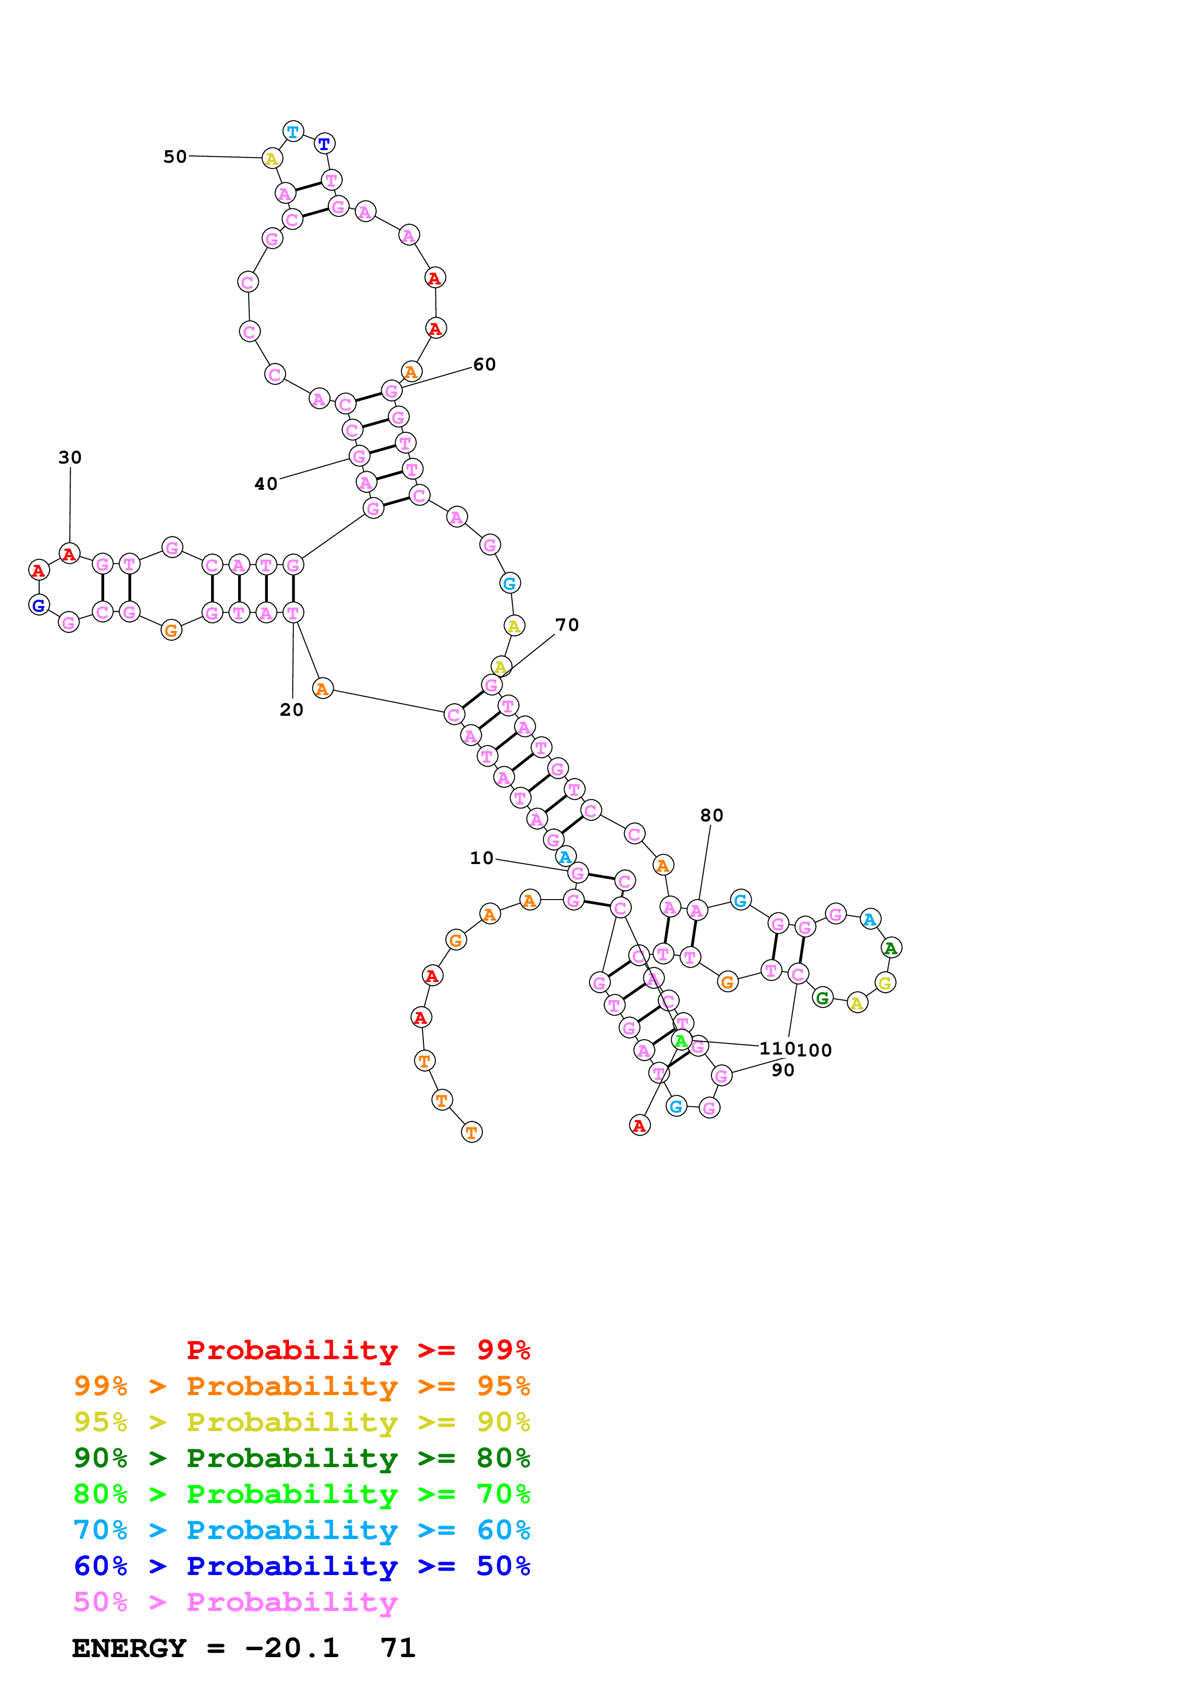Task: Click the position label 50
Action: pos(175,157)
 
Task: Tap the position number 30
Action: pos(71,457)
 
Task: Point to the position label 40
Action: pos(265,484)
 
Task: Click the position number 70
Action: pos(567,625)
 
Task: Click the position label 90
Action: pos(782,1070)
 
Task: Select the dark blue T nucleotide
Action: pos(324,143)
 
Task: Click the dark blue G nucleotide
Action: pos(39,604)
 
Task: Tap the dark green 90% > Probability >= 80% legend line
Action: pos(301,1458)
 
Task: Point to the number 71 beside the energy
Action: pos(397,1648)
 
